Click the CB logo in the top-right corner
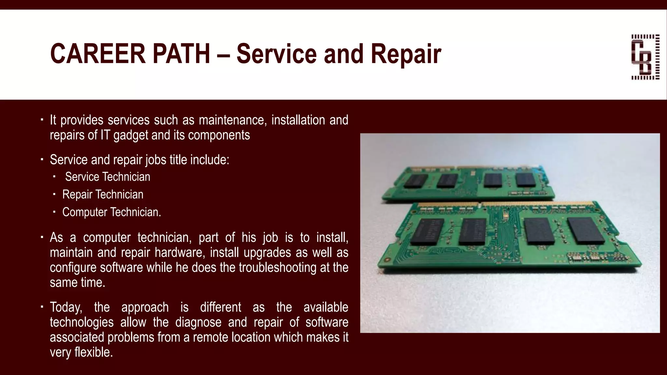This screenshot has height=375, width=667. (x=645, y=57)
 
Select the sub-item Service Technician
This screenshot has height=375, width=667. (x=107, y=177)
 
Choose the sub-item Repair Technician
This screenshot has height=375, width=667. (x=103, y=194)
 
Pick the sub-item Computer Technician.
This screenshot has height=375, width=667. (x=111, y=212)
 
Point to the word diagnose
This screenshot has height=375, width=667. (x=198, y=322)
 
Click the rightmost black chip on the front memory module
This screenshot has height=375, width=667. (x=585, y=230)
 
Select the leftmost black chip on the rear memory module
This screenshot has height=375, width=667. (x=416, y=181)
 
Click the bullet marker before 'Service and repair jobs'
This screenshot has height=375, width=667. (x=42, y=160)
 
